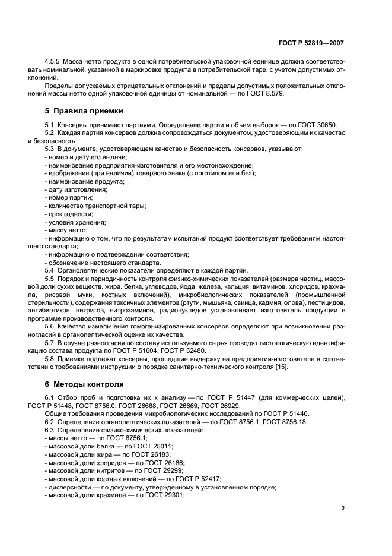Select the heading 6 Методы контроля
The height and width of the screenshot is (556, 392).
point(84,384)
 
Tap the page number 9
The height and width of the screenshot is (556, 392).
point(343,507)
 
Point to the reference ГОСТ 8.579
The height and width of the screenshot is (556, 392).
point(249,93)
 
